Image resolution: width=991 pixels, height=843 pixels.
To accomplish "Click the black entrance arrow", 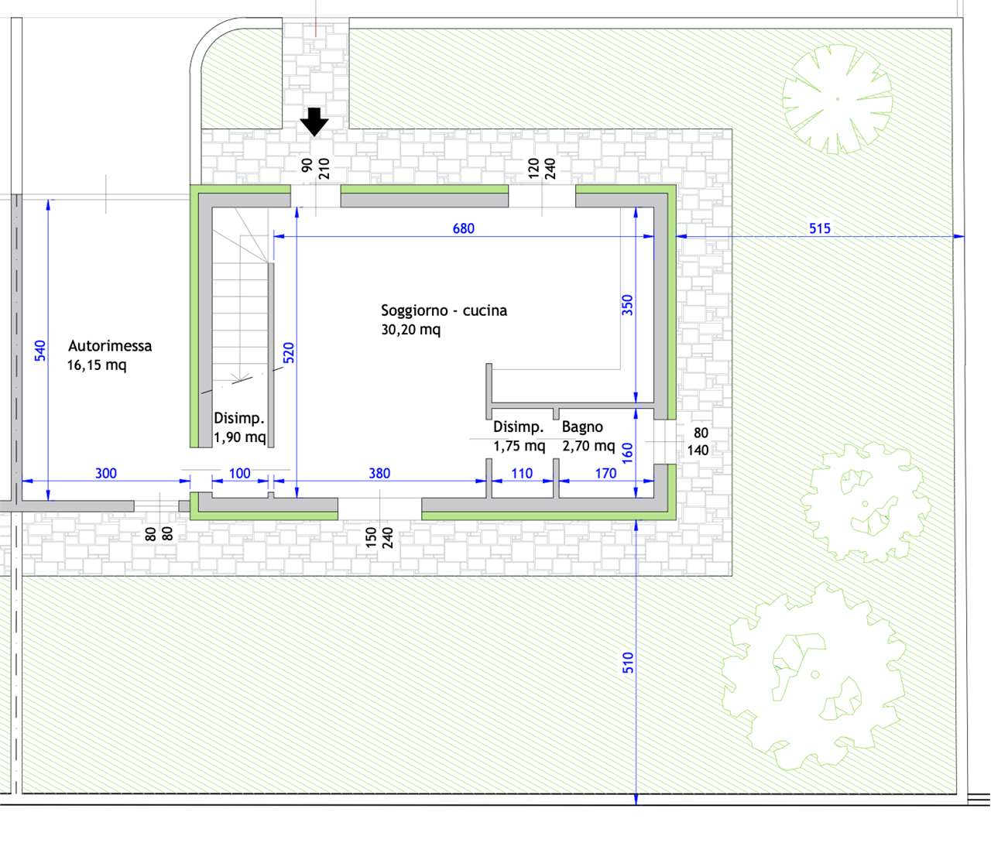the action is click(314, 122).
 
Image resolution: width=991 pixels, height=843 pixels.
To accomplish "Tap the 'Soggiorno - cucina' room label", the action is click(444, 310).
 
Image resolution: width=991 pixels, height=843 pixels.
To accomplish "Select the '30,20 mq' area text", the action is click(411, 330).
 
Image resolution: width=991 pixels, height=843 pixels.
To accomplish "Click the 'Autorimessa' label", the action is click(110, 345).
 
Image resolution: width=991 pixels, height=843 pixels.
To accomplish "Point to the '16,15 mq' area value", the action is click(97, 365).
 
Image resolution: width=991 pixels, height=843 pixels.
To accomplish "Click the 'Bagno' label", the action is click(582, 427).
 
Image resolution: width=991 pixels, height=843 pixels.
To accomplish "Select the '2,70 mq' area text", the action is click(588, 446).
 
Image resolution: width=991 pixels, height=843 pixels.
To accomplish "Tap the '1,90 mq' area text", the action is click(240, 437).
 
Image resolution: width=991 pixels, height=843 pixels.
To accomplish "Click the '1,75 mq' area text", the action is click(520, 446).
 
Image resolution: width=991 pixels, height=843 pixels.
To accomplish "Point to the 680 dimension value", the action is click(464, 228).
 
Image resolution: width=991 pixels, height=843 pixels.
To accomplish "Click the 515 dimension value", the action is click(820, 228).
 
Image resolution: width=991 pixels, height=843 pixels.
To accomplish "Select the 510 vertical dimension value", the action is click(628, 663).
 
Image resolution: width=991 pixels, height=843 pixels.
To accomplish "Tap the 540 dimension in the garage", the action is click(40, 351).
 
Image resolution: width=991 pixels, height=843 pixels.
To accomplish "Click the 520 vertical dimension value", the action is click(289, 353).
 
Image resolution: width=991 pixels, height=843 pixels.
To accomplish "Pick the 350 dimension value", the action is click(627, 305).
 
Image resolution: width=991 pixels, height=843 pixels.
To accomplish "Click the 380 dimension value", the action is click(379, 474).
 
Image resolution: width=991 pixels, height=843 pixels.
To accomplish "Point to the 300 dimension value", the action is click(106, 474).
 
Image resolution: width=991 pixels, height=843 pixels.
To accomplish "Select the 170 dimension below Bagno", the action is click(605, 474).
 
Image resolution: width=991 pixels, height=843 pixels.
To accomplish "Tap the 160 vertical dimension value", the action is click(627, 453).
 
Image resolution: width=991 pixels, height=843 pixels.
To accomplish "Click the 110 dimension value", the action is click(522, 474).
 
